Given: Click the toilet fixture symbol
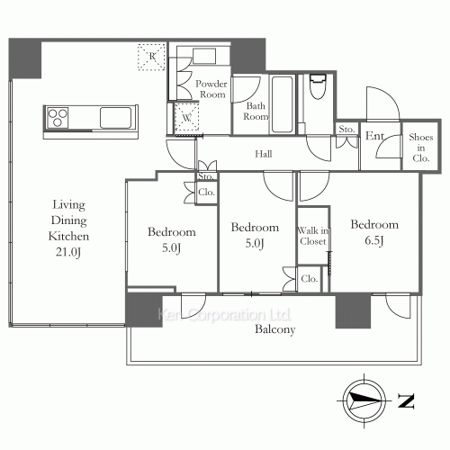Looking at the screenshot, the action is click(x=318, y=86).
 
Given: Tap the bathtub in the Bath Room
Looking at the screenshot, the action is click(x=282, y=104).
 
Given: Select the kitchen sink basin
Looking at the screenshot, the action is click(x=115, y=118).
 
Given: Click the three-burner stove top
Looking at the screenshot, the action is click(x=58, y=117).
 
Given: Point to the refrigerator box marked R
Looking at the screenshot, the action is click(x=151, y=57).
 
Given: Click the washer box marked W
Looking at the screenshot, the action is click(x=186, y=117).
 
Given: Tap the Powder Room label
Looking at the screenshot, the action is click(x=211, y=89).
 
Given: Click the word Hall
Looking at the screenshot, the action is click(x=264, y=154).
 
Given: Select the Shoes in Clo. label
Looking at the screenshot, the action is click(x=421, y=148).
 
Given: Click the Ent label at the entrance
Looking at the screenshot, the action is click(x=374, y=136).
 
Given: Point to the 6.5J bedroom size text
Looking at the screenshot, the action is click(x=374, y=240).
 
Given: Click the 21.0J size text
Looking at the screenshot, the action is click(x=68, y=252).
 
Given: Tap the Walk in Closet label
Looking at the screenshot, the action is click(x=313, y=236).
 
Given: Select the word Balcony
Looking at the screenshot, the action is click(x=275, y=329).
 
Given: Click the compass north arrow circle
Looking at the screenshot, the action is click(x=364, y=400).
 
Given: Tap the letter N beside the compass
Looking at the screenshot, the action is click(x=406, y=401).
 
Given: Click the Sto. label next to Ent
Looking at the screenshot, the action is click(x=346, y=129).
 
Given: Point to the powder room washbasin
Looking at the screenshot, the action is click(x=204, y=56).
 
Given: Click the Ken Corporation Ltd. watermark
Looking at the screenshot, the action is click(x=224, y=315).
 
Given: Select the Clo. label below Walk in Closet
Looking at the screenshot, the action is click(x=310, y=279).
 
